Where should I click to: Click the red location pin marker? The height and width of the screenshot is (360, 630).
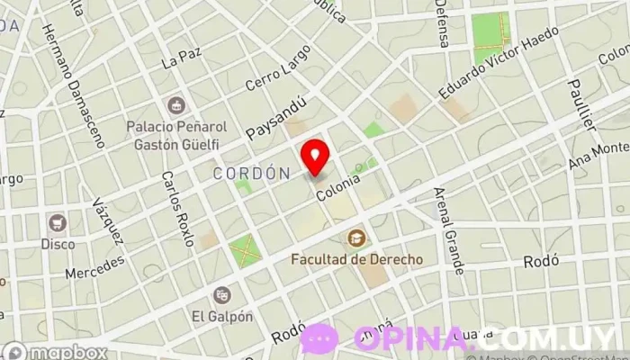point(315,157)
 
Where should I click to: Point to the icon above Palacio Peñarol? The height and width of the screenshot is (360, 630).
point(176,106)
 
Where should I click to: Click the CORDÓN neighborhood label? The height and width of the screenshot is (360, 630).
point(251,173)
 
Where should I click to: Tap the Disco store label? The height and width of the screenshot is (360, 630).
point(58,243)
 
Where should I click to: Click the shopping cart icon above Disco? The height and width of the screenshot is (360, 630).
point(58,222)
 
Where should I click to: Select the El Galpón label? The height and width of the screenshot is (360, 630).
point(221,316)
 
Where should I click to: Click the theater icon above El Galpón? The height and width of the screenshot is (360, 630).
point(221,294)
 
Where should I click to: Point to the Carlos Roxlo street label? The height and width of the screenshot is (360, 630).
point(177,208)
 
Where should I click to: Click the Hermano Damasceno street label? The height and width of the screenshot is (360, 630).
point(72,85)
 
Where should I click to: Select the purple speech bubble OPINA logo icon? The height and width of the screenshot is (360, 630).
point(319,339)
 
